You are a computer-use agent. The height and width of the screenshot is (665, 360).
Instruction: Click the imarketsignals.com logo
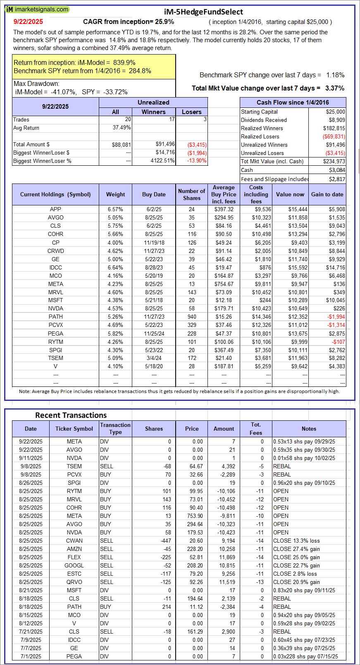37,9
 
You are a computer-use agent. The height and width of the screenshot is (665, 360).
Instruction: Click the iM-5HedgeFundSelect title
203,12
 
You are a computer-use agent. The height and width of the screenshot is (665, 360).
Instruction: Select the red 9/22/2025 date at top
28,22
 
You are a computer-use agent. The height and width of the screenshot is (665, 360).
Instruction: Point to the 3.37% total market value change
335,88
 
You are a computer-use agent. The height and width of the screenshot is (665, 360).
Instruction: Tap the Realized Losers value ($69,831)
334,136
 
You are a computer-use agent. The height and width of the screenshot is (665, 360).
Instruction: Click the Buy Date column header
154,194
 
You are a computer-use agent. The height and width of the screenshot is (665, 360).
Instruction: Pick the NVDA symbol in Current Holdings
55,308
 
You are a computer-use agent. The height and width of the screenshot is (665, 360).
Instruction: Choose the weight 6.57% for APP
115,209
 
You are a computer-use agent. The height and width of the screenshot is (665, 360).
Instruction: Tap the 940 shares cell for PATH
192,317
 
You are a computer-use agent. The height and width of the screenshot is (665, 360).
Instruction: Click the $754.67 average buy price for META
224,284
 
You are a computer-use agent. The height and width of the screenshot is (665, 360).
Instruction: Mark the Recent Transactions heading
71,415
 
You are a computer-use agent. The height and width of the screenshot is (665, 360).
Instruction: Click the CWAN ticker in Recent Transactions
74,541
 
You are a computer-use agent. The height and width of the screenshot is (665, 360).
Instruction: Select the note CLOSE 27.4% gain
296,549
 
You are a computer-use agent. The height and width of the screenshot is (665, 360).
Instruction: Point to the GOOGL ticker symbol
74,565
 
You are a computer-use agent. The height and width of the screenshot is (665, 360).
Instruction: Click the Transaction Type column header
115,429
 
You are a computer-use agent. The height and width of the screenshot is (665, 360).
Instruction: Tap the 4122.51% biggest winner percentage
162,161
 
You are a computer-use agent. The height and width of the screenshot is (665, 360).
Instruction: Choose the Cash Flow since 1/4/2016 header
293,102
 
